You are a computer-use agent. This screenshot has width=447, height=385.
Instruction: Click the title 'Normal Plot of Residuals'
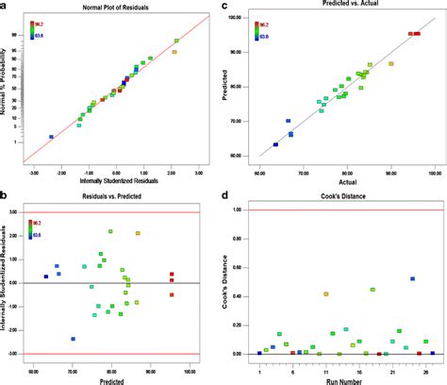(x=116, y=7)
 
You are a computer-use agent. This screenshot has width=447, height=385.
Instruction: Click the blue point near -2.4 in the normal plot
(x=51, y=137)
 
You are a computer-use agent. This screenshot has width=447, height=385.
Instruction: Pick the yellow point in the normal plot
(x=174, y=51)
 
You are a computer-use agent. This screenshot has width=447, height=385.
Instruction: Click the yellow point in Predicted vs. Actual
(x=391, y=64)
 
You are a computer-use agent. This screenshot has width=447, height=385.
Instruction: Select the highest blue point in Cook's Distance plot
(x=412, y=278)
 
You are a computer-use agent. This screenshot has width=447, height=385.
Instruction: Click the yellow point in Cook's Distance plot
(x=326, y=294)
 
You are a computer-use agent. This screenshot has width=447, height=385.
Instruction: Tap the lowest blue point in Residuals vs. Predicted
(x=73, y=339)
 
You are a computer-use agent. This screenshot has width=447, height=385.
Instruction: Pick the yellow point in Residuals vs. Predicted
(x=138, y=233)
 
